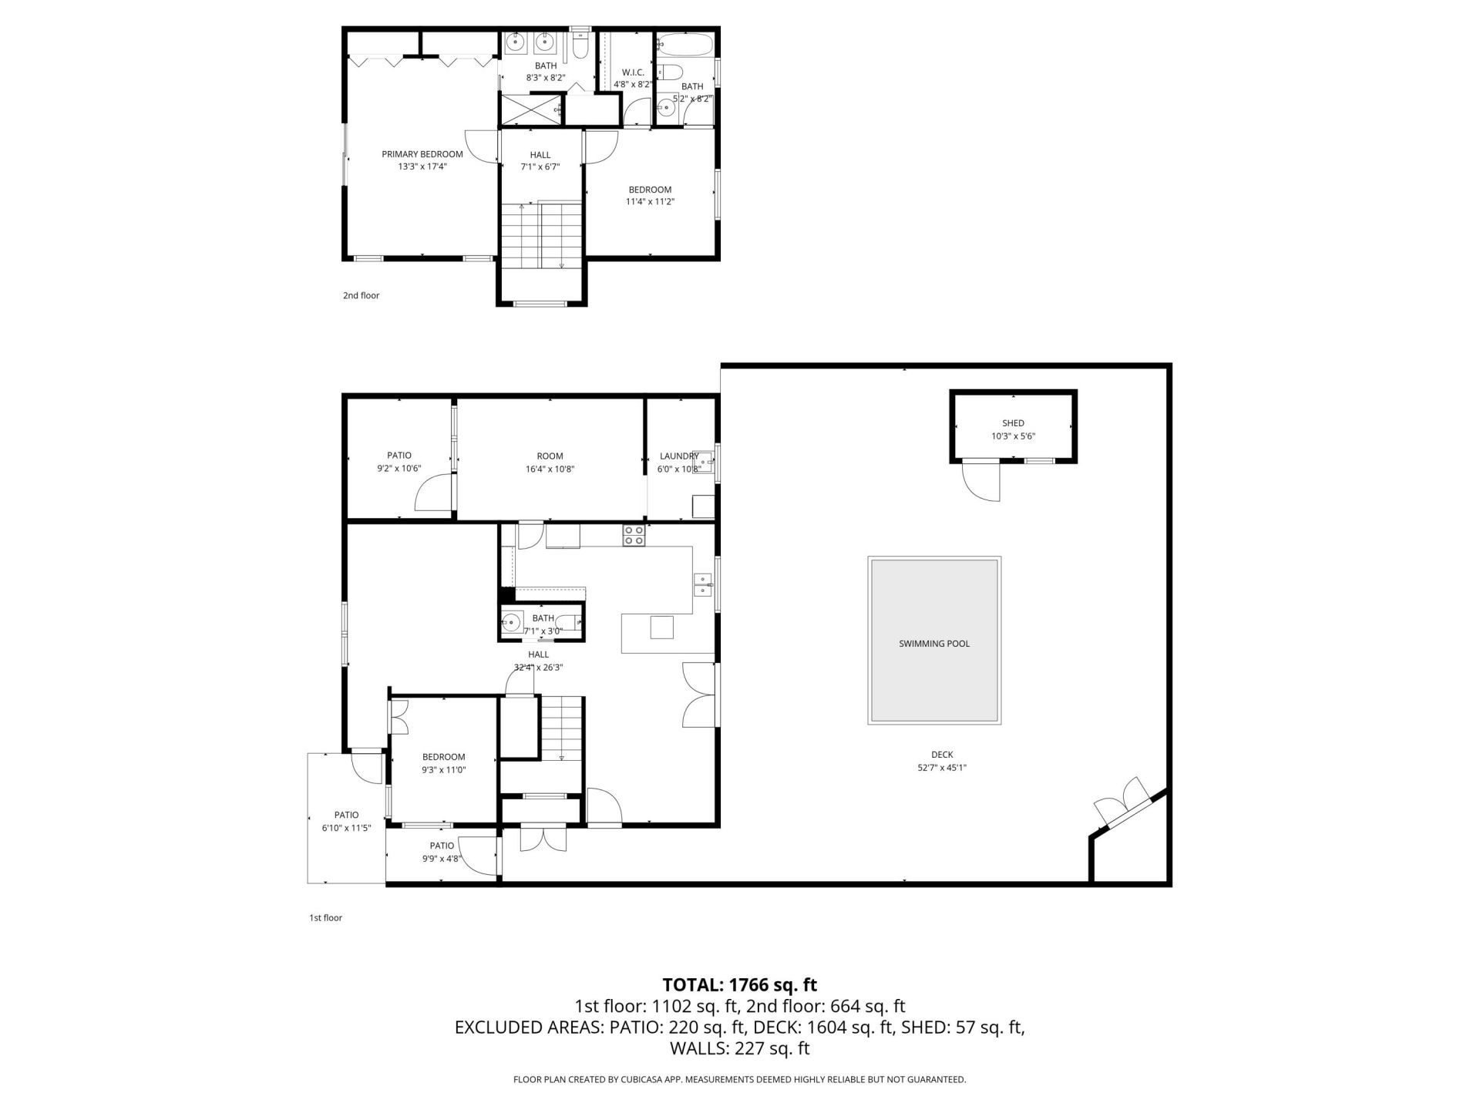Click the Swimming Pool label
point(933,644)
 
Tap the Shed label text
point(1013,423)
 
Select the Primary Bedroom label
point(422,154)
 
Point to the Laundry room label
point(678,456)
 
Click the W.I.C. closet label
point(633,72)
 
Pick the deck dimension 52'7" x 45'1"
point(942,768)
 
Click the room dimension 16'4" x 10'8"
point(550,469)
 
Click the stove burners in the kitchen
point(634,535)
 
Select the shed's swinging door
point(981,482)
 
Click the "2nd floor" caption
point(361,295)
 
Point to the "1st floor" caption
point(325,917)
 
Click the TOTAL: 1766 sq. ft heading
point(739,984)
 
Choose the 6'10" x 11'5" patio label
point(346,822)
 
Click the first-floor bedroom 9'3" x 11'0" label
point(443,763)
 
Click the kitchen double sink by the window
point(702,586)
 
